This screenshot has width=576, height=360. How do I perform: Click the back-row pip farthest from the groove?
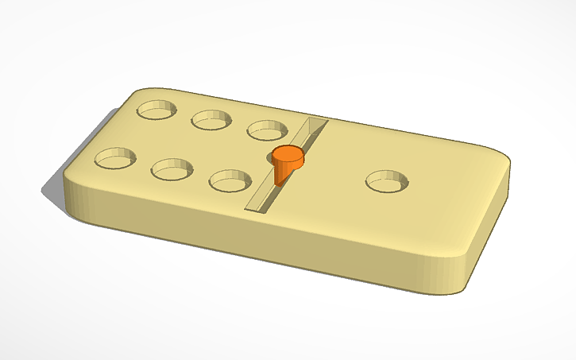[157, 109]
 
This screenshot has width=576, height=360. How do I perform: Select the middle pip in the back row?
[211, 119]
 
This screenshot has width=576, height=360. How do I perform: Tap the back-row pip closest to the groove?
[268, 129]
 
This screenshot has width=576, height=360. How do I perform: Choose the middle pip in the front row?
[172, 168]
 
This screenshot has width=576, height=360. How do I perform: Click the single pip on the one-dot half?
[388, 182]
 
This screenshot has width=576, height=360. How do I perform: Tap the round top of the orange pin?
[287, 156]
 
